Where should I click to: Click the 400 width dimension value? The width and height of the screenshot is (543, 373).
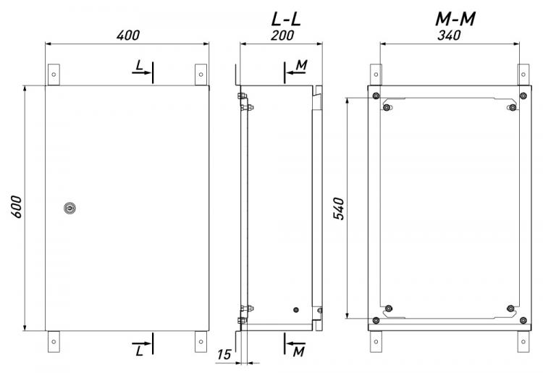128,35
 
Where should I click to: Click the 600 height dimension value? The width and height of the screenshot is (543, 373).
16,206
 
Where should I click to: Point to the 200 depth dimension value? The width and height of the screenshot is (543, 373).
282,35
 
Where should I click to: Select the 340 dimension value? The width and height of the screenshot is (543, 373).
449,35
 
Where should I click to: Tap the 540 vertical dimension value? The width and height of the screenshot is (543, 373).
339,209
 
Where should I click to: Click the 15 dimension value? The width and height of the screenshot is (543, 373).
224,354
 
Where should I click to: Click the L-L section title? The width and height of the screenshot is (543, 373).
286,20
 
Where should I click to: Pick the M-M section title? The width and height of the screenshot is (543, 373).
455,20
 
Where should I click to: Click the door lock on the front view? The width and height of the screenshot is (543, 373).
70,208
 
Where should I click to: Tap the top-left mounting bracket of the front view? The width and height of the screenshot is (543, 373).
54,75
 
